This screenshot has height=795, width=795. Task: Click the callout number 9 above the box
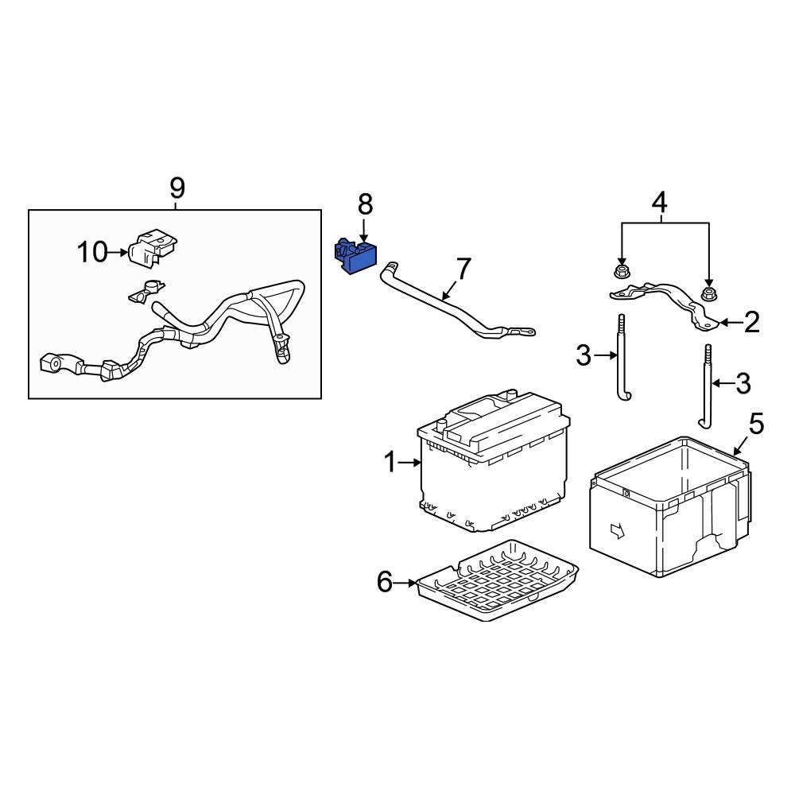coord(176,188)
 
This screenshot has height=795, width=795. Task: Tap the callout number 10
coord(92,253)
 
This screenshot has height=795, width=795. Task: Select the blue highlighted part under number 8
coord(353,254)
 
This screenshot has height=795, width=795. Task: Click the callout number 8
coord(365,205)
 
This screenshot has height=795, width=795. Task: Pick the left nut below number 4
coord(622,273)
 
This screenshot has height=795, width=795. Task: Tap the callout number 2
coord(750,322)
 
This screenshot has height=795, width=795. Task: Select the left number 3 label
coord(584,355)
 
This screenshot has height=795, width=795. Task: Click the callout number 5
coord(755,424)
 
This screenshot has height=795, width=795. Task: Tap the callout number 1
coord(390,462)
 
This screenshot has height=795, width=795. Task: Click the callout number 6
coord(385,583)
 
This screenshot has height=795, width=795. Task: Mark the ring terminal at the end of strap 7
coord(525,332)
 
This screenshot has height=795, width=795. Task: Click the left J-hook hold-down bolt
coord(620,358)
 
